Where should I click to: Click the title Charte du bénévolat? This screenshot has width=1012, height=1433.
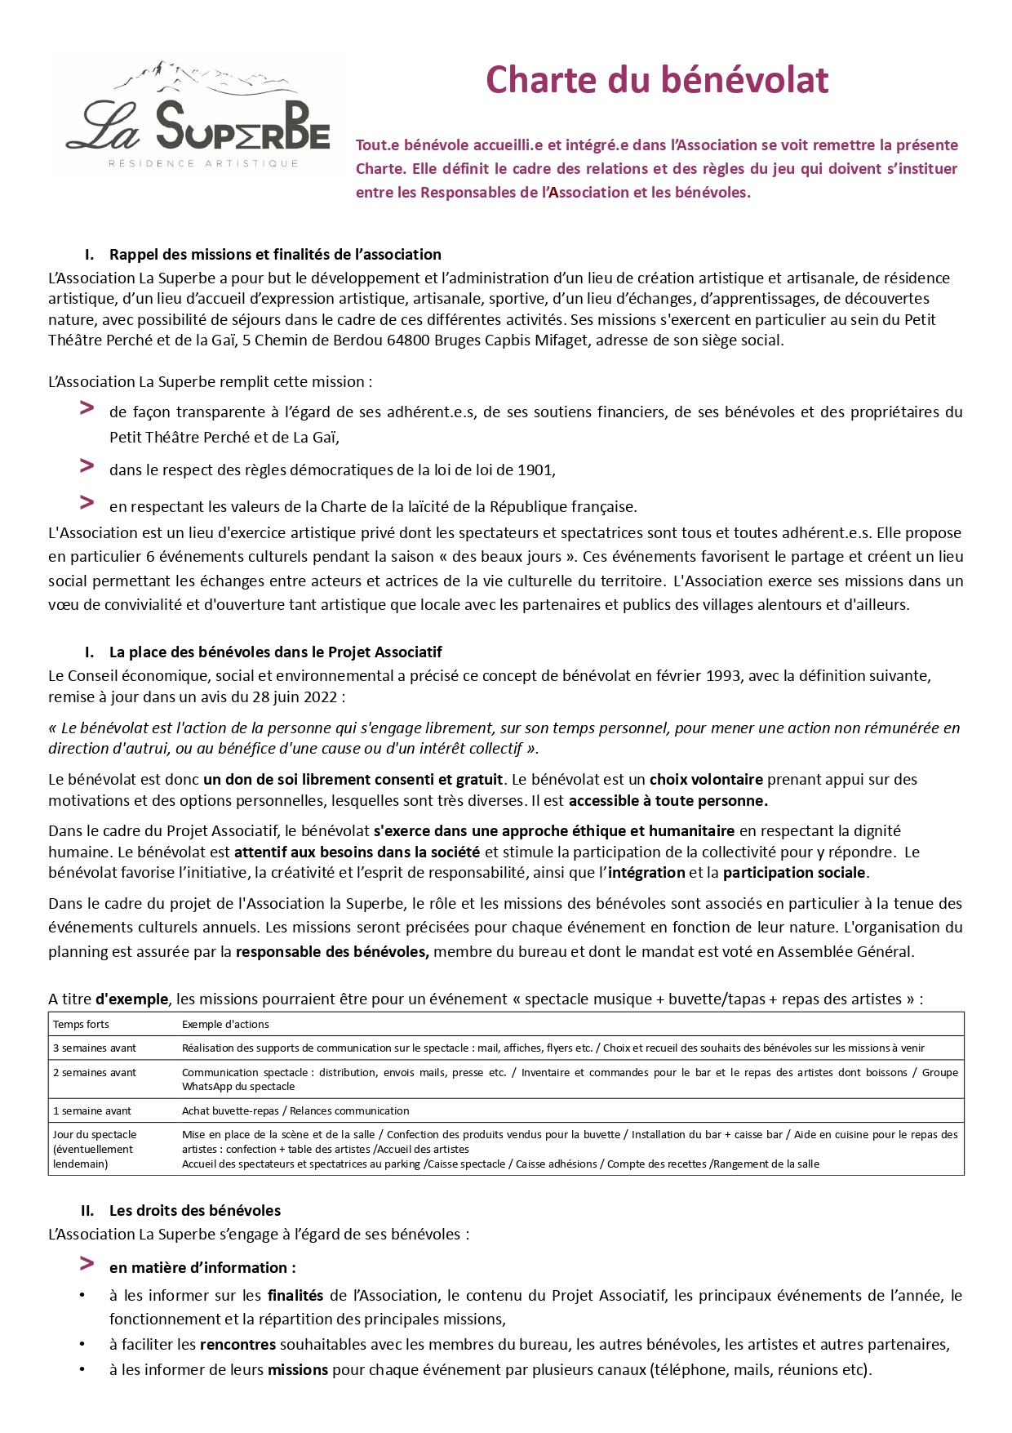point(657,80)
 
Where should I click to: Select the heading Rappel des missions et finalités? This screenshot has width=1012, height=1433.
point(275,255)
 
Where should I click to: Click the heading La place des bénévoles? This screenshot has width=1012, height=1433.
point(275,652)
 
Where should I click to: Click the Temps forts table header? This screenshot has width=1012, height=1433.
point(81,1025)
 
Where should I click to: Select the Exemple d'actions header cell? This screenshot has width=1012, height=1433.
point(225,1025)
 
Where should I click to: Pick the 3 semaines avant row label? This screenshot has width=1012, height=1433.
point(95,1048)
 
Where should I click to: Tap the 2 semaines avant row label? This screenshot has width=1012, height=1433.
point(95,1073)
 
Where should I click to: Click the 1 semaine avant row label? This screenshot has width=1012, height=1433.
point(92,1111)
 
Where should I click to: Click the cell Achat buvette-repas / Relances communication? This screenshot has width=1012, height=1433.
point(295,1111)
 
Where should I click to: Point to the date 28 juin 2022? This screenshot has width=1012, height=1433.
point(295,697)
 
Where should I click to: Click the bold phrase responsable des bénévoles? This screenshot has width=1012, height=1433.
point(332,952)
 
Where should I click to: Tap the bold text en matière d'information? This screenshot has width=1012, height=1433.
point(202,1268)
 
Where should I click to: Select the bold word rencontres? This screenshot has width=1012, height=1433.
point(237,1345)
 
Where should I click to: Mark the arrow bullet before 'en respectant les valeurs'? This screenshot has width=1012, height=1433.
point(87,502)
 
